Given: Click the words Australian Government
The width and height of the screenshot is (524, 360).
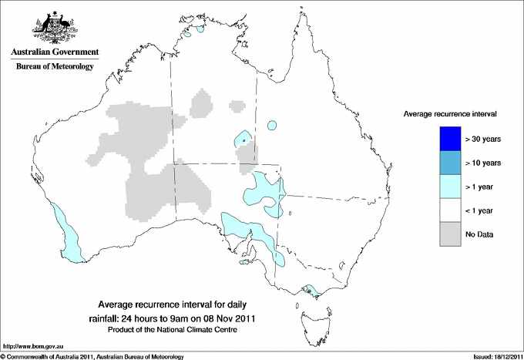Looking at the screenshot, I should (x=55, y=52).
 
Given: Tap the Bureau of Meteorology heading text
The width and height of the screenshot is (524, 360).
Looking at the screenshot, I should (x=55, y=67).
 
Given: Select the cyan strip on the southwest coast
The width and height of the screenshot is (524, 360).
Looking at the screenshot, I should (x=65, y=231).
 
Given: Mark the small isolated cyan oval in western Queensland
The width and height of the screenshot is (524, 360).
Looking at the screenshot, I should (x=271, y=125).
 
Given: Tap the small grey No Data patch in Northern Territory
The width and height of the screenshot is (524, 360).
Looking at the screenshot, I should (x=201, y=103).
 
